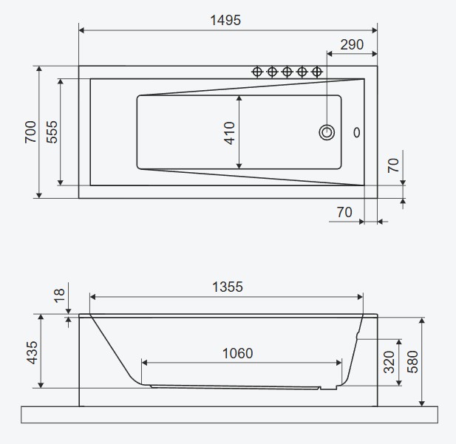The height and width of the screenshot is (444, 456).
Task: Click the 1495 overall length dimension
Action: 225,21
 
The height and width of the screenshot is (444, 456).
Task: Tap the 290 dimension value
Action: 352,45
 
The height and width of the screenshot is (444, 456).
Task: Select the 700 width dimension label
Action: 30,132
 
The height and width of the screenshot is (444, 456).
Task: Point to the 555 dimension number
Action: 52,132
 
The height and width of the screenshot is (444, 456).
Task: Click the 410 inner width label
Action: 229,133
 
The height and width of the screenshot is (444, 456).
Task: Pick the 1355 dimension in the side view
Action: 228,287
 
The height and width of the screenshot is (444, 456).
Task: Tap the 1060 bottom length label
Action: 237,354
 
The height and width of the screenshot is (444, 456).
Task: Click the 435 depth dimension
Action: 33,352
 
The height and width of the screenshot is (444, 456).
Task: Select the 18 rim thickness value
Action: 59,296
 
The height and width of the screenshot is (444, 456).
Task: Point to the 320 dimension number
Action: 389,362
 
